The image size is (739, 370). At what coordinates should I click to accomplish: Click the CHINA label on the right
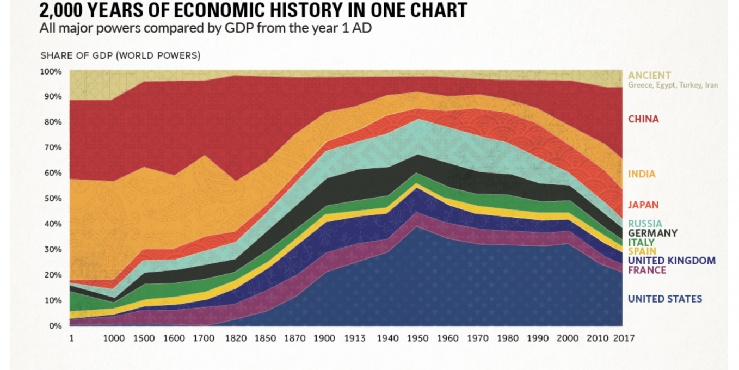click(643, 119)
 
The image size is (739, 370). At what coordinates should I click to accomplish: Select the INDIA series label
click(642, 175)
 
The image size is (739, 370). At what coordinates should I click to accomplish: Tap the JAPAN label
click(643, 205)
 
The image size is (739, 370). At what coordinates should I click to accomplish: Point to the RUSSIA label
click(645, 224)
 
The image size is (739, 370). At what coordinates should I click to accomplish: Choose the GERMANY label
click(652, 233)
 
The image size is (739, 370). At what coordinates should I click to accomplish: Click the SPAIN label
click(641, 251)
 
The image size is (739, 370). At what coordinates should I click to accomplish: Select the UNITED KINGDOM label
click(672, 261)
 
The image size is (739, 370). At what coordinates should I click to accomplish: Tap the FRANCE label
click(646, 270)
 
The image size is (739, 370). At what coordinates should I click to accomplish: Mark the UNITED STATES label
click(665, 299)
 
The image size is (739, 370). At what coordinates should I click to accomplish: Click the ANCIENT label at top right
click(650, 76)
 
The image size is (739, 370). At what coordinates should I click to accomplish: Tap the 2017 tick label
click(624, 338)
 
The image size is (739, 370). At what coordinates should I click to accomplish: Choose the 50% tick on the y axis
click(52, 199)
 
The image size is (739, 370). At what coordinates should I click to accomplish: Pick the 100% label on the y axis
click(51, 71)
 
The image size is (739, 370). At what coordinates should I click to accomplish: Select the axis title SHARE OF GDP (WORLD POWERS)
click(120, 55)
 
